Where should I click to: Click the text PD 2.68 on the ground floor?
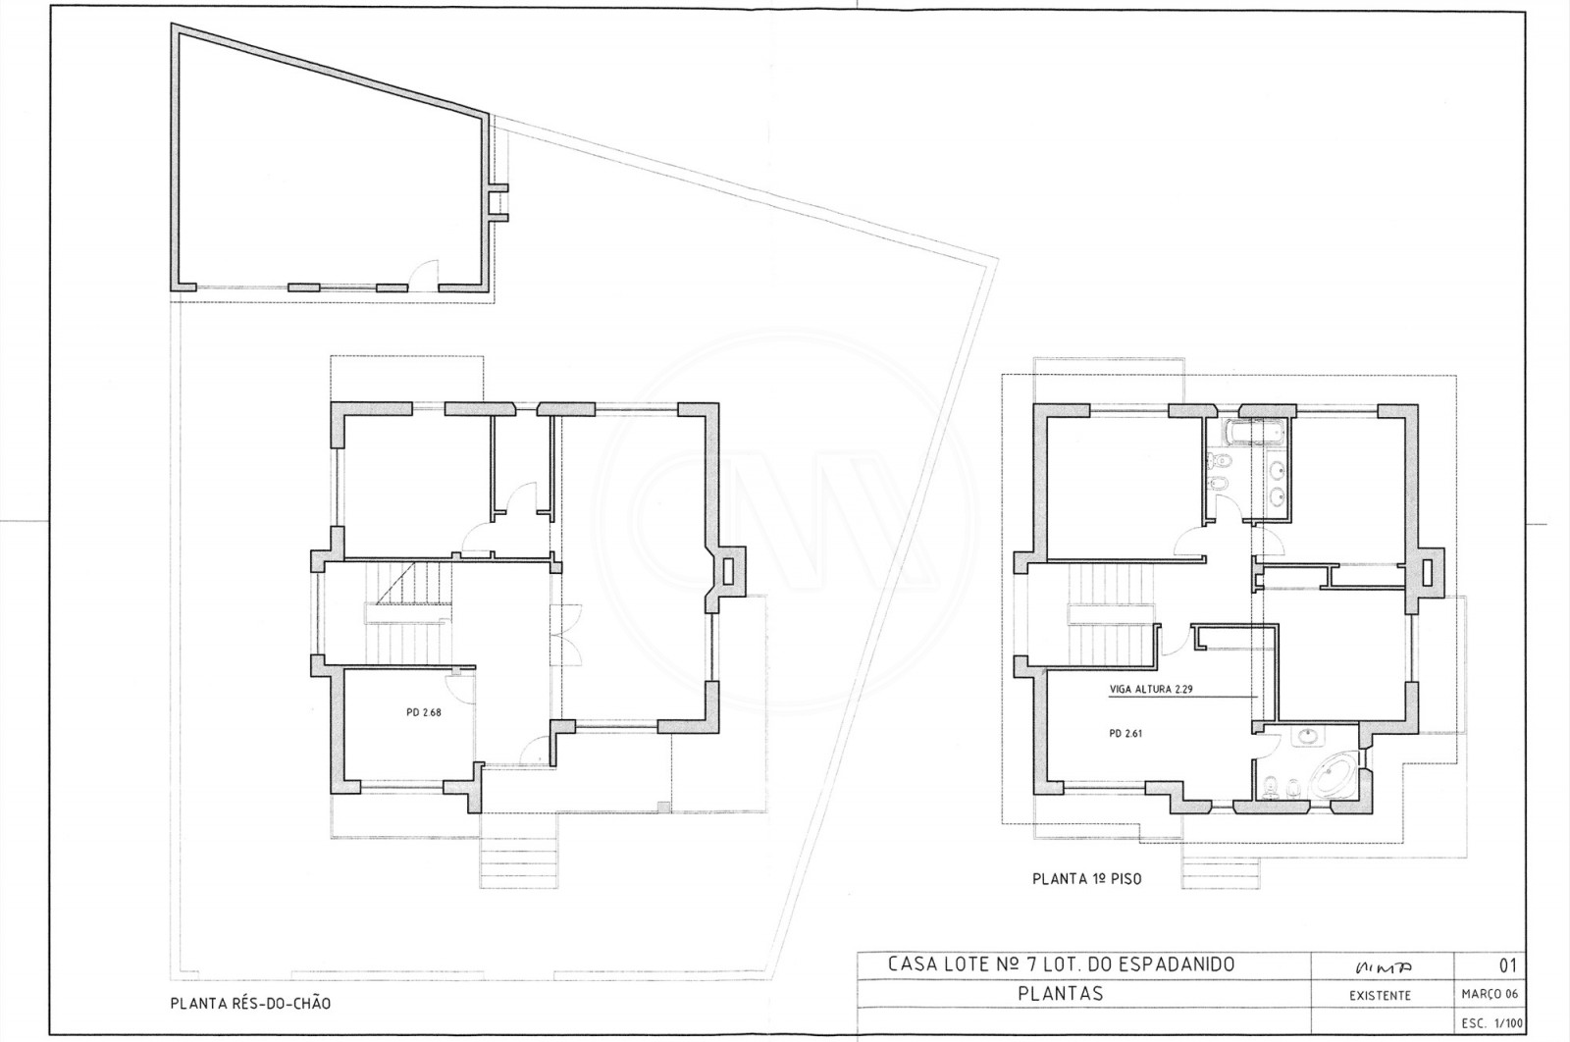pyautogui.click(x=423, y=713)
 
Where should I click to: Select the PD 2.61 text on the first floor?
pyautogui.click(x=1125, y=733)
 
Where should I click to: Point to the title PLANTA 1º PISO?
pyautogui.click(x=1086, y=880)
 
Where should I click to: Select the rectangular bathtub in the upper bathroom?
pyautogui.click(x=1255, y=431)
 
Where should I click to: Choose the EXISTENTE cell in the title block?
pyautogui.click(x=1382, y=995)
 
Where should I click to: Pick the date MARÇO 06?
pyautogui.click(x=1489, y=995)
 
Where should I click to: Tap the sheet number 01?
pyautogui.click(x=1508, y=965)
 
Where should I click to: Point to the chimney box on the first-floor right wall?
pyautogui.click(x=1427, y=571)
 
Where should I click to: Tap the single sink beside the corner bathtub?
pyautogui.click(x=1308, y=736)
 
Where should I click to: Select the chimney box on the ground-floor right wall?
pyautogui.click(x=727, y=571)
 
